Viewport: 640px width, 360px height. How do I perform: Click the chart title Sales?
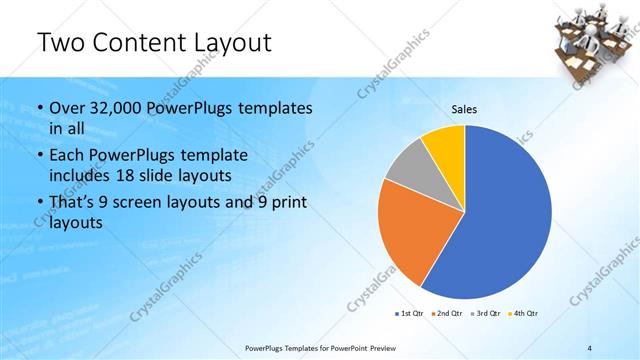coord(464,108)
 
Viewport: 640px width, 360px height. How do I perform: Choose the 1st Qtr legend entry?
coord(411,314)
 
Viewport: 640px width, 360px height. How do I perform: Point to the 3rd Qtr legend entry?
coord(487,314)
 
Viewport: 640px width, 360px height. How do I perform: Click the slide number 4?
coord(590,347)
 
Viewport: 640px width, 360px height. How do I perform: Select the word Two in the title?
coord(62,43)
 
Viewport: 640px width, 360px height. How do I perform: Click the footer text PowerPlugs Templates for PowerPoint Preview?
coord(327,347)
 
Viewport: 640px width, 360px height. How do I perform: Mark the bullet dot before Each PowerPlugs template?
coord(39,157)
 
